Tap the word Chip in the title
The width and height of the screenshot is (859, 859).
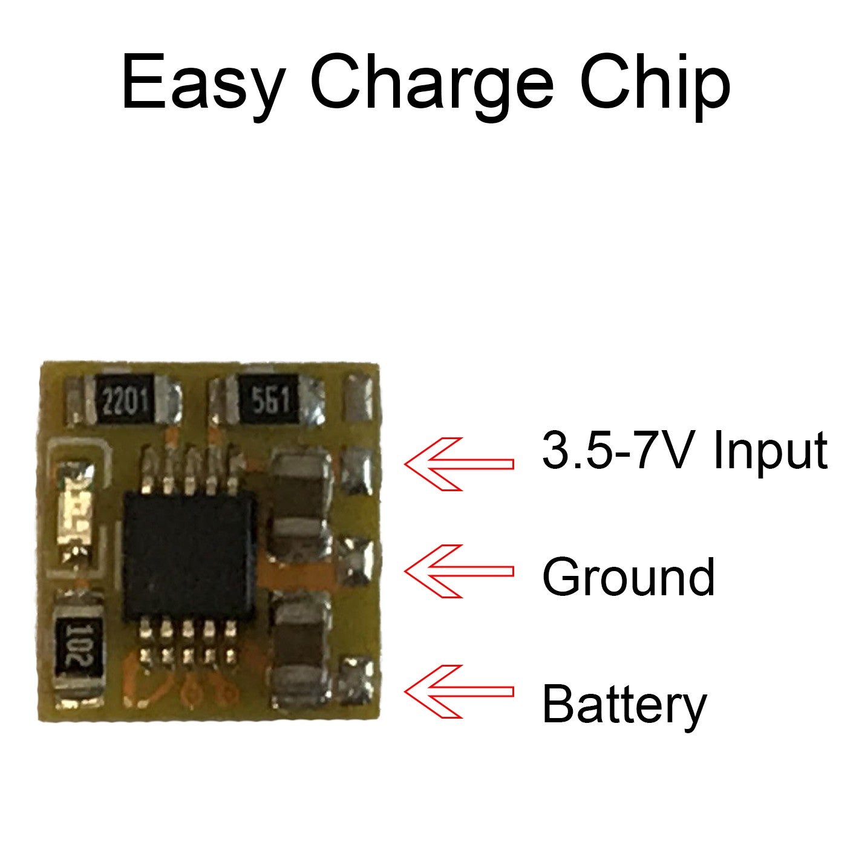click(655, 83)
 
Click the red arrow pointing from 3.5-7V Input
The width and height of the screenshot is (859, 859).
click(459, 463)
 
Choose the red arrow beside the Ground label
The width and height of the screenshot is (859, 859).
click(459, 571)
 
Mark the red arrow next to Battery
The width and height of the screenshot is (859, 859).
click(459, 691)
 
